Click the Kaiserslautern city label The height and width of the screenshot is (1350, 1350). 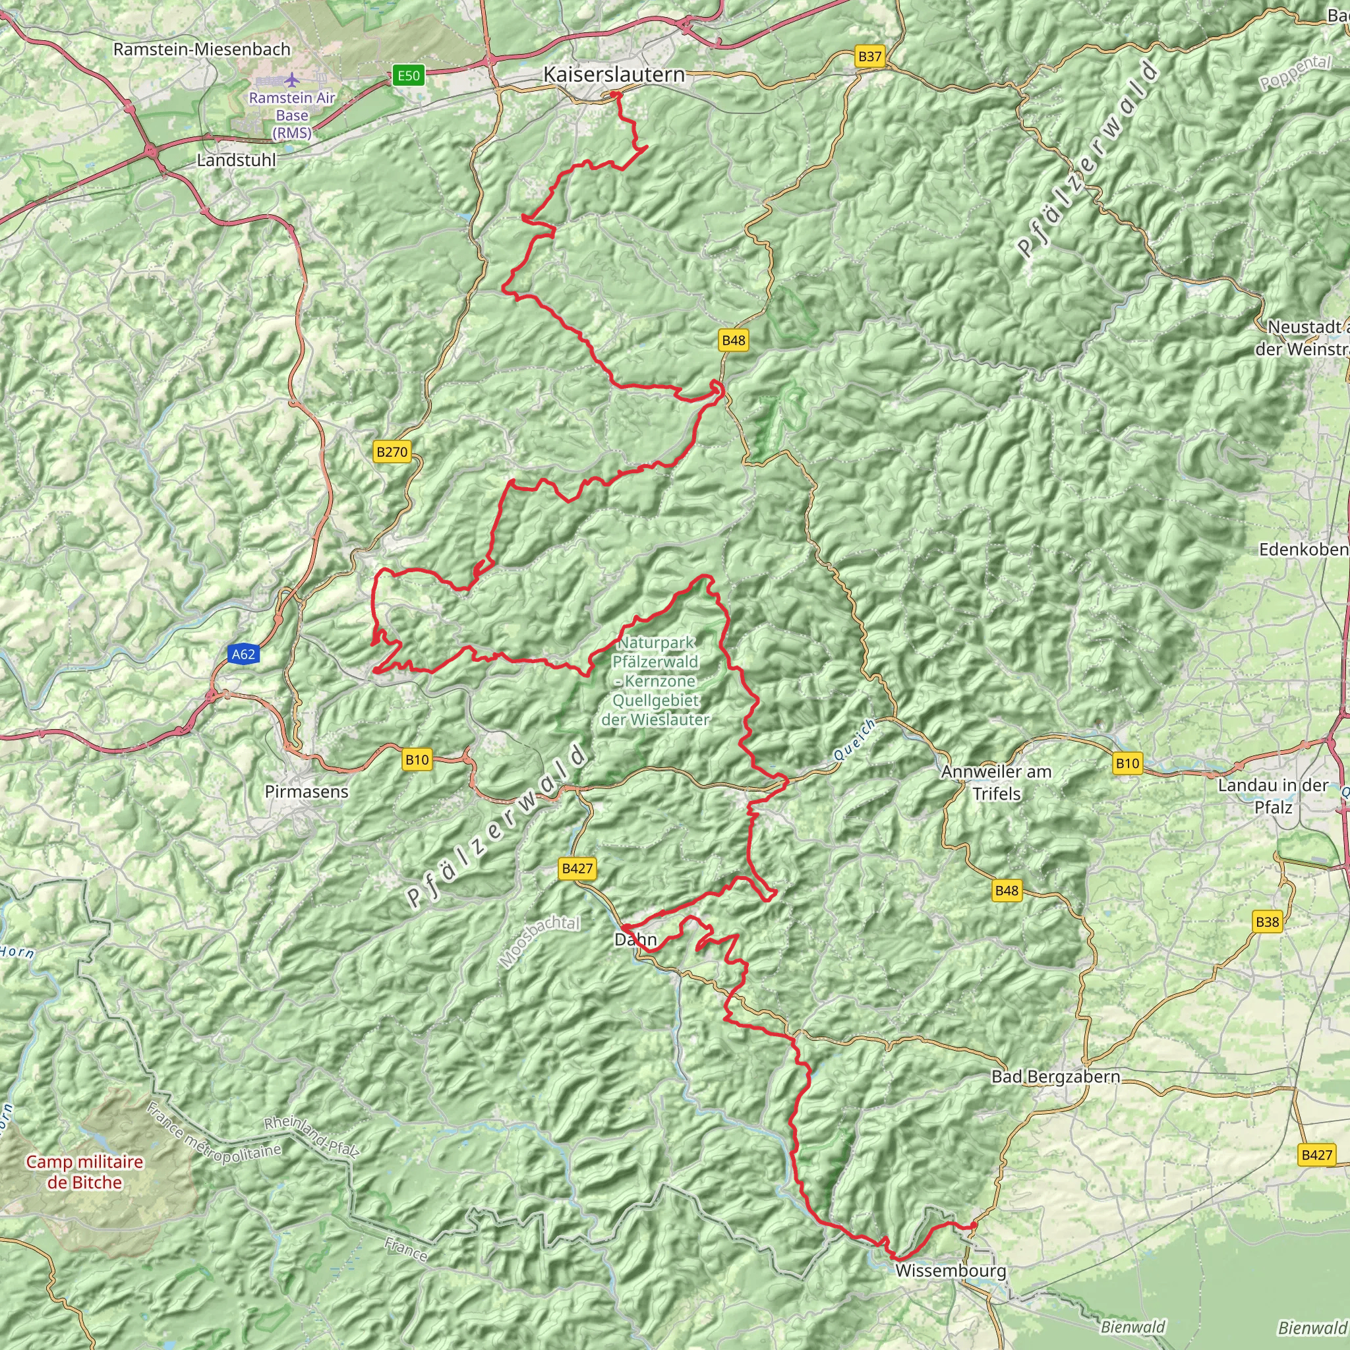pyautogui.click(x=614, y=74)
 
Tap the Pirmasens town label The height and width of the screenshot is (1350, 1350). pyautogui.click(x=306, y=792)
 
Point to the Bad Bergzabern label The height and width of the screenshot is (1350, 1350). pyautogui.click(x=1055, y=1077)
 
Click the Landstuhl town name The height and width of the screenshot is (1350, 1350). pyautogui.click(x=236, y=160)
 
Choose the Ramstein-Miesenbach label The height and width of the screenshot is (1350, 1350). pyautogui.click(x=201, y=49)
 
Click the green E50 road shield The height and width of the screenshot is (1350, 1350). pyautogui.click(x=409, y=75)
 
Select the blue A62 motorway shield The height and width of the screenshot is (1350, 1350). pyautogui.click(x=243, y=654)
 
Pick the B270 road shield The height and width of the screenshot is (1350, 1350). pyautogui.click(x=392, y=452)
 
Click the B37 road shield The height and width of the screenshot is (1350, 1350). pyautogui.click(x=870, y=57)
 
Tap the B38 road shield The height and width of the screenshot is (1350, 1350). pyautogui.click(x=1267, y=922)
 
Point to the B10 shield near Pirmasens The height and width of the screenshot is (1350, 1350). pyautogui.click(x=417, y=759)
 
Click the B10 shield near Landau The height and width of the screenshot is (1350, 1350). pyautogui.click(x=1127, y=764)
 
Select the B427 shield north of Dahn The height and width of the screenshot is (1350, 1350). pyautogui.click(x=577, y=869)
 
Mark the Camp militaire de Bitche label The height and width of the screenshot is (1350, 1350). pyautogui.click(x=84, y=1172)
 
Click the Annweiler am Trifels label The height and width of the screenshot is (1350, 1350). pyautogui.click(x=996, y=782)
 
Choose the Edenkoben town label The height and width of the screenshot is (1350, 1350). pyautogui.click(x=1304, y=549)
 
